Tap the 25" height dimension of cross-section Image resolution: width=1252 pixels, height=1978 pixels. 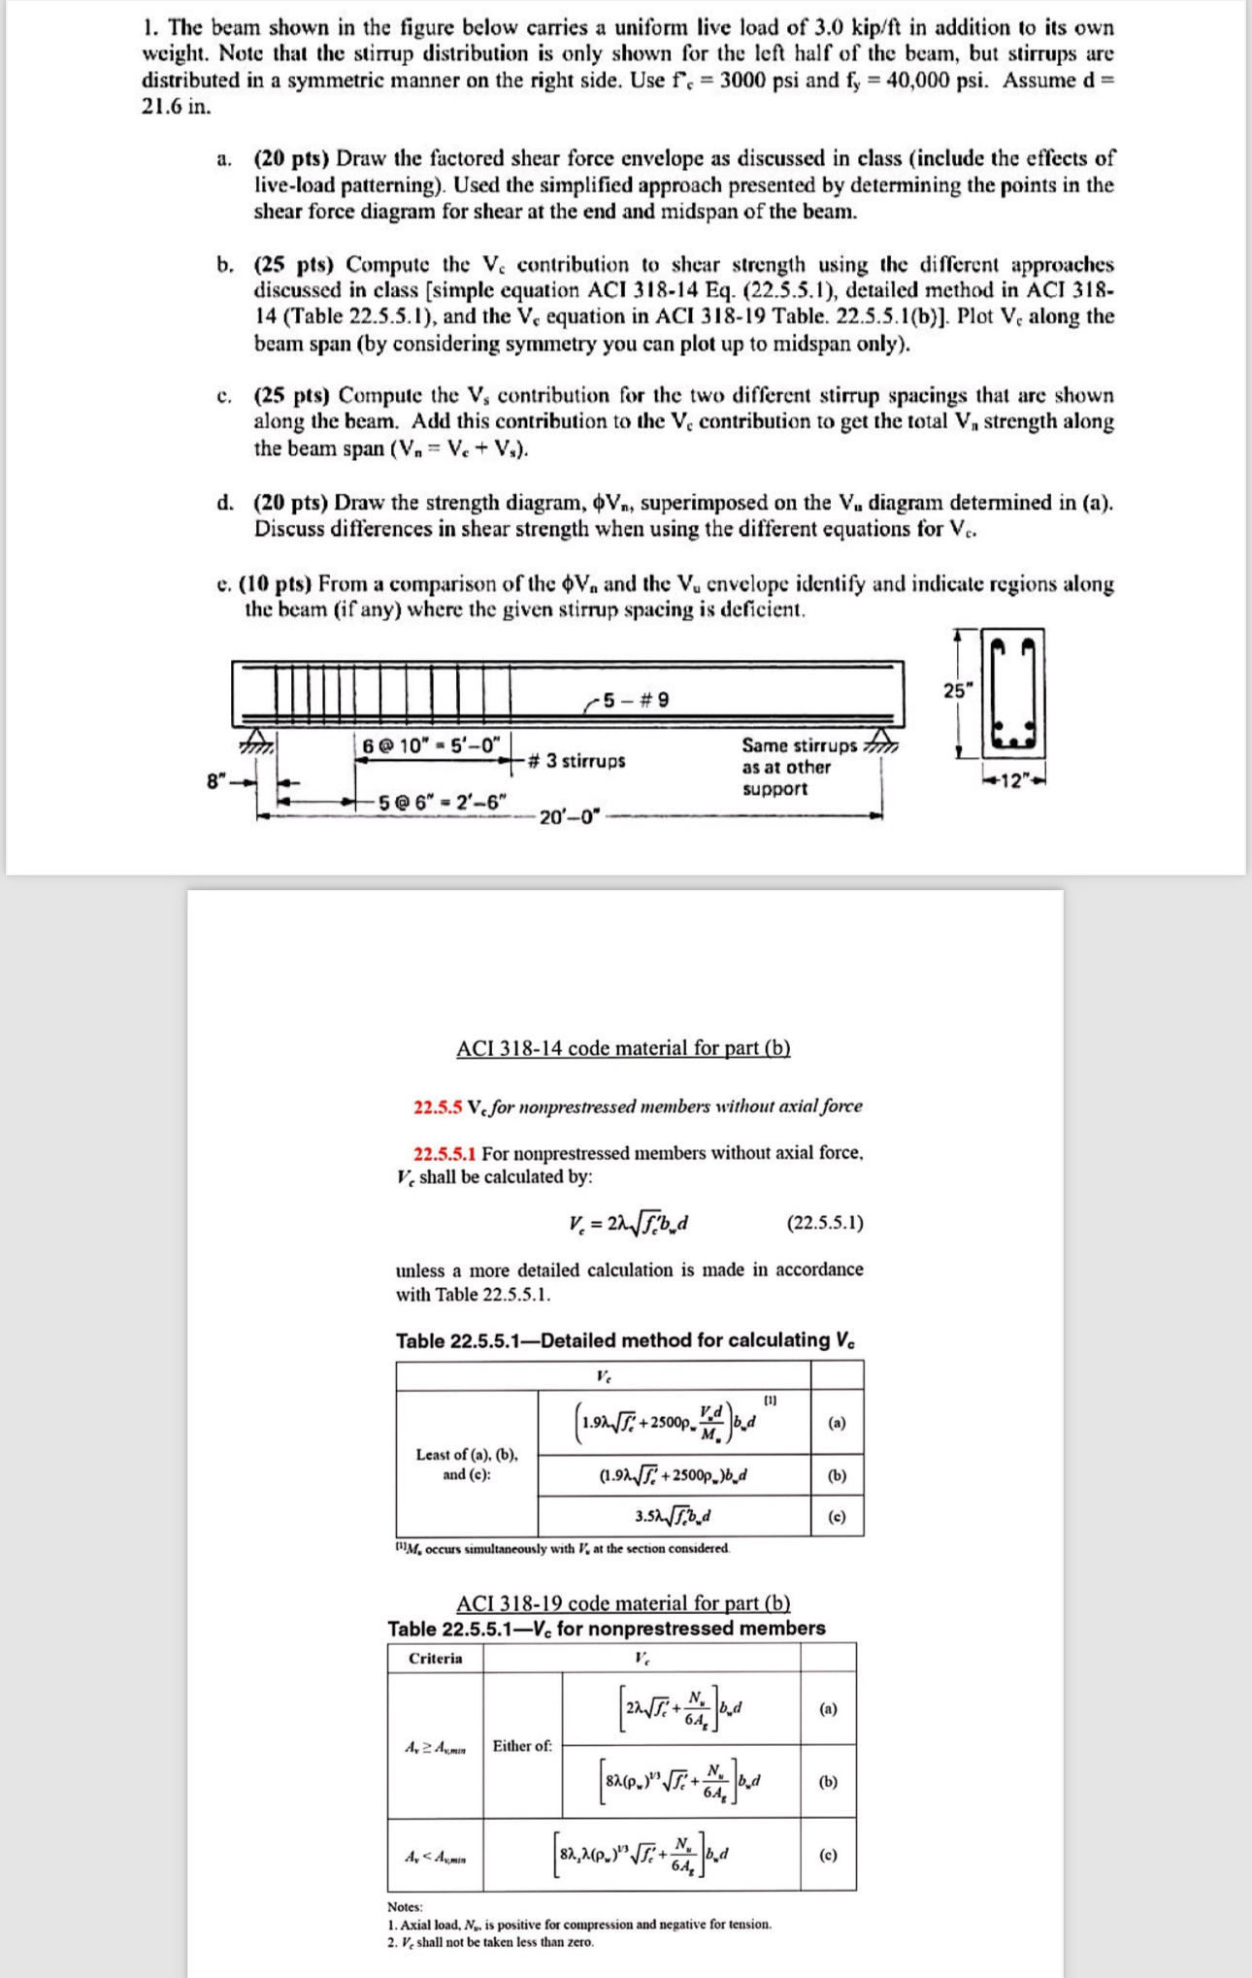click(x=956, y=690)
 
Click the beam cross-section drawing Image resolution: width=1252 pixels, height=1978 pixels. click(x=1014, y=693)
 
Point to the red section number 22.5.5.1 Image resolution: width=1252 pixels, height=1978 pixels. click(x=445, y=1153)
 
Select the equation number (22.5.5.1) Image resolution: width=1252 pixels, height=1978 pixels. click(x=824, y=1223)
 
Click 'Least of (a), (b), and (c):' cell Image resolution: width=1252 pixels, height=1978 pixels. click(x=467, y=1464)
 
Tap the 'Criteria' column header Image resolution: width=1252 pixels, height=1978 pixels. click(x=435, y=1658)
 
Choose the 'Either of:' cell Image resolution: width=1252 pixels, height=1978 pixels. click(x=522, y=1745)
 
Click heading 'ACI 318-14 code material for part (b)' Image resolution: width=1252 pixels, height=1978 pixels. click(x=623, y=1048)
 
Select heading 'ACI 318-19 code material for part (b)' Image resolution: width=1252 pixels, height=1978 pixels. click(x=623, y=1603)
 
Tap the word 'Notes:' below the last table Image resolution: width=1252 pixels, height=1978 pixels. click(x=405, y=1907)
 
